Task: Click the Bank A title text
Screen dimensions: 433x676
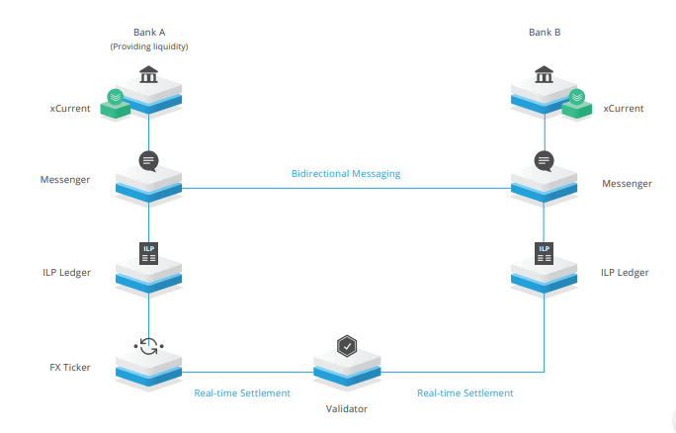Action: (x=148, y=32)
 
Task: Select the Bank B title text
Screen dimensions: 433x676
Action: (x=545, y=32)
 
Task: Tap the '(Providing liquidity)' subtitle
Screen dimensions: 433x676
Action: (x=148, y=45)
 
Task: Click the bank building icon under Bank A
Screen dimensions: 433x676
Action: (x=148, y=75)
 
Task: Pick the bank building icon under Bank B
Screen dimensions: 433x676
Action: (x=545, y=75)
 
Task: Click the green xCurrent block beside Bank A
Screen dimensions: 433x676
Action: (x=115, y=101)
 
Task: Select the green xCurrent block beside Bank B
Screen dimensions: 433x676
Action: (x=577, y=101)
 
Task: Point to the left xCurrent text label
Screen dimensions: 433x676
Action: (x=70, y=108)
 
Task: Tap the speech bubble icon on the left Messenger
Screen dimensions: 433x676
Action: (x=148, y=160)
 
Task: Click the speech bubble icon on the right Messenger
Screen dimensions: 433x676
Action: (x=545, y=160)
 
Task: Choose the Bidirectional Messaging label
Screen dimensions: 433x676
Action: (x=346, y=174)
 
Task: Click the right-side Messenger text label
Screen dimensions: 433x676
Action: (x=627, y=183)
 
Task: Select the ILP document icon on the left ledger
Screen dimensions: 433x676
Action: (x=148, y=252)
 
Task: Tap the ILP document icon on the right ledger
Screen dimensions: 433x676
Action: (x=545, y=252)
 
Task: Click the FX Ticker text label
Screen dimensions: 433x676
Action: (x=69, y=367)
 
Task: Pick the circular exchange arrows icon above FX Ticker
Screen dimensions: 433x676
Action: (x=148, y=346)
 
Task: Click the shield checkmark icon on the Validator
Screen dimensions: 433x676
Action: (x=347, y=346)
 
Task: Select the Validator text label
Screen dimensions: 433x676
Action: (x=347, y=407)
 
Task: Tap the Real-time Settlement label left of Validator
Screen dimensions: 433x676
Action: (x=242, y=392)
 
